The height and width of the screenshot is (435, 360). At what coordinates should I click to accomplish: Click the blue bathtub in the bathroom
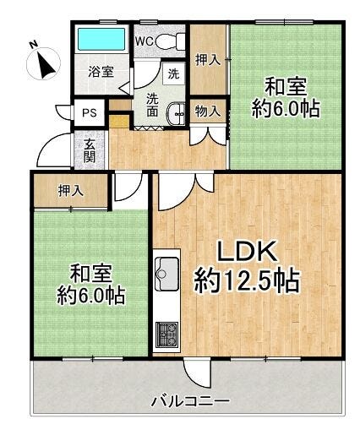coord(101,39)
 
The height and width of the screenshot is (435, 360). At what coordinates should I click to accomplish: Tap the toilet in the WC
coord(170,41)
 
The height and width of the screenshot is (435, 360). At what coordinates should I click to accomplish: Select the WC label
coord(145,41)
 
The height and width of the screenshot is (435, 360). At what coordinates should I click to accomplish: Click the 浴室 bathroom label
coord(101,72)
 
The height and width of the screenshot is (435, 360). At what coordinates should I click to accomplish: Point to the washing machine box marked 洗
coord(173,73)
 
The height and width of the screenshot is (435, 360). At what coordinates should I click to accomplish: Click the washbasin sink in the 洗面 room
coord(177,114)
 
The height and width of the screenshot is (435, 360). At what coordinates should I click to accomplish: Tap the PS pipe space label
coord(90,113)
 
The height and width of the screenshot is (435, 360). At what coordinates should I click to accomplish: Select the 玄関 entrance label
coord(90,150)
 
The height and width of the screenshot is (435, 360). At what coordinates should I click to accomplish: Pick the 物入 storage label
coord(208,111)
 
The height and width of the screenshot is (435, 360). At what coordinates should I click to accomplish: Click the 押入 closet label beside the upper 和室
coord(208,60)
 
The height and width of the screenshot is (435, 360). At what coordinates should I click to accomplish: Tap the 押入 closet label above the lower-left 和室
coord(71,191)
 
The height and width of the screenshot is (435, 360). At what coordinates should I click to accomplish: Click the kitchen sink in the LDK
coord(167,274)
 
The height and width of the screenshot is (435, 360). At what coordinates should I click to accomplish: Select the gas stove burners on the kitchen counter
coord(167,334)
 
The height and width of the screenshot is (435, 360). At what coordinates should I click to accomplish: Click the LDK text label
coord(246,252)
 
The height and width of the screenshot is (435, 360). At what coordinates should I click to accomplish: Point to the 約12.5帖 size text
coord(247,281)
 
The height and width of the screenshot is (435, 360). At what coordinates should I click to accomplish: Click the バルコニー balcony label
coord(190,401)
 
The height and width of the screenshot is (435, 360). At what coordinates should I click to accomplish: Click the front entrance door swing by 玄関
coord(53,150)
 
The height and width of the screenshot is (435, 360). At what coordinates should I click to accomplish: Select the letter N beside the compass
coord(34,44)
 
